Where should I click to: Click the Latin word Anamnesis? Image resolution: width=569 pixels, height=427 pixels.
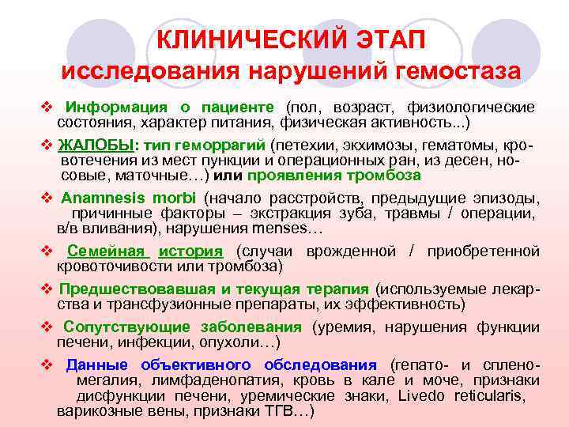pyautogui.click(x=99, y=197)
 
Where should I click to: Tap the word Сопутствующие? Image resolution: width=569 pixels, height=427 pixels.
pyautogui.click(x=127, y=327)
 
